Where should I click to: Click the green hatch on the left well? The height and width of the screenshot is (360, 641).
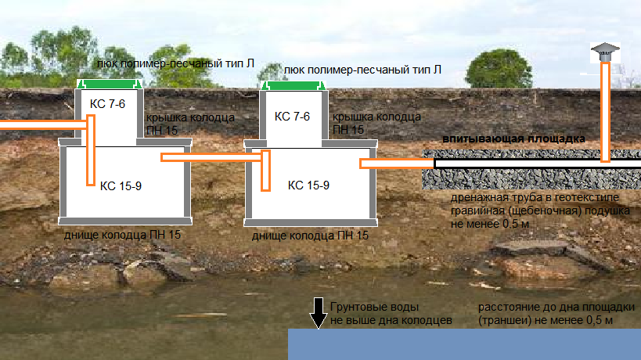coord(110,84)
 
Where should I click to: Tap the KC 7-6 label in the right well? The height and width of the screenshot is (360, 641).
coord(293,117)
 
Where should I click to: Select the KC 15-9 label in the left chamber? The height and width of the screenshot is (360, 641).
coord(121,185)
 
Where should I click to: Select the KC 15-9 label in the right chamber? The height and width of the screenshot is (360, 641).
coord(308,185)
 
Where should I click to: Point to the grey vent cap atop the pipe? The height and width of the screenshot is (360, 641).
coord(604,52)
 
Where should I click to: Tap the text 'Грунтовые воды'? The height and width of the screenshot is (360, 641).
coord(370,308)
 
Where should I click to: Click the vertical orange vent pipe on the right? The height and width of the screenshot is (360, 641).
coord(605,110)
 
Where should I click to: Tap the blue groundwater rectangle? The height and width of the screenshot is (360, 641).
coord(464,344)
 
